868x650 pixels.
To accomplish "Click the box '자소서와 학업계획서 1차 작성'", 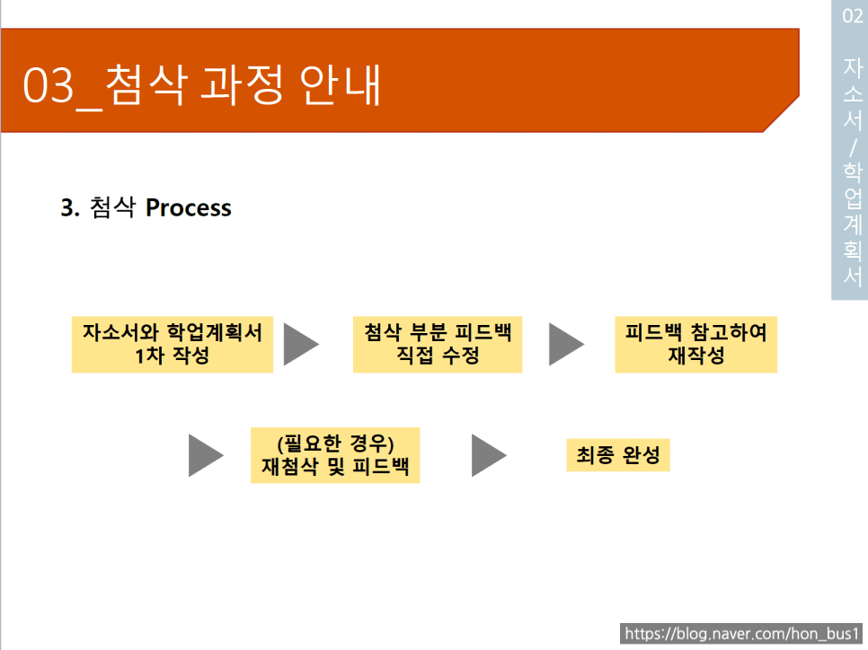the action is point(173,344).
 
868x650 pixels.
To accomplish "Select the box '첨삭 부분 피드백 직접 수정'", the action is point(438,344).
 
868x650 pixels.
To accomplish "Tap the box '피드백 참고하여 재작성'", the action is point(695,344).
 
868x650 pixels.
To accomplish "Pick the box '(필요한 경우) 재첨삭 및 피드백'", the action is point(335,455).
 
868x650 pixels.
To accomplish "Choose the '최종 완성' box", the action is point(618,454).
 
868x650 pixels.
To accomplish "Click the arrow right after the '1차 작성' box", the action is point(301,344).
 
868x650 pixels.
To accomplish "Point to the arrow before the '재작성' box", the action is point(566,344).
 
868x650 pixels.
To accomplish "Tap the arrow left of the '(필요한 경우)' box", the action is point(206,455).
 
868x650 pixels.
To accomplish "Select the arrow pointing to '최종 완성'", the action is point(489,455).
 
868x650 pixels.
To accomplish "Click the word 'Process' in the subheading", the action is point(188,208).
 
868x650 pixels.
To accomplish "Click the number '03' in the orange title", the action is point(49,85).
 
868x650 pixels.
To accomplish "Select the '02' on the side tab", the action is point(853,15).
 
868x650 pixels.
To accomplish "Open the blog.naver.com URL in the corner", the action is point(742,634).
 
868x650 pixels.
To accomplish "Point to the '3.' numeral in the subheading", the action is point(70,208).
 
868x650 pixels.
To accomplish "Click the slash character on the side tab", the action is point(853,148).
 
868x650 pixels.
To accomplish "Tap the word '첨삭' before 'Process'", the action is point(112,207).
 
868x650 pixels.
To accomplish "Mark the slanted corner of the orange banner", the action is point(781,114).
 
